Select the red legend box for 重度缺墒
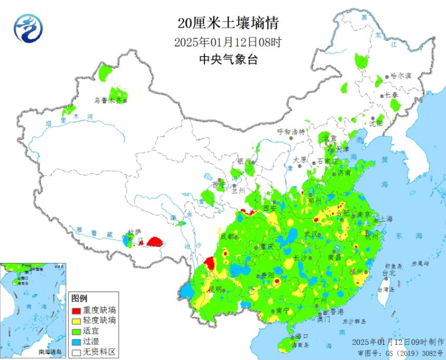[76, 310]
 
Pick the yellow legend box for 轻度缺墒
[76, 320]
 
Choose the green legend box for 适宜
[76, 331]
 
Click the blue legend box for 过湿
[76, 341]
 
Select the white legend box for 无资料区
[76, 352]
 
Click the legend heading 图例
[80, 299]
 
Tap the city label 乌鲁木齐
[108, 101]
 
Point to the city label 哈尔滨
[401, 75]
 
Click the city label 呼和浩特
[291, 131]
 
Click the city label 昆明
[215, 289]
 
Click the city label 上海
[386, 219]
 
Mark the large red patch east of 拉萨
[155, 242]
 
